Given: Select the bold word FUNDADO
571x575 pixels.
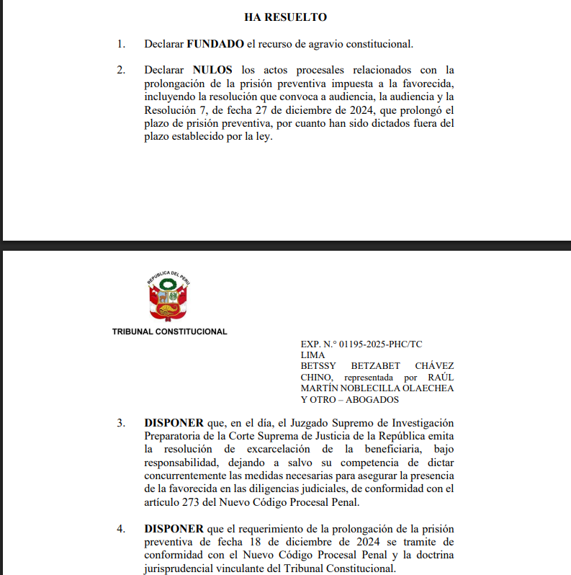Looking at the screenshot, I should pyautogui.click(x=215, y=44).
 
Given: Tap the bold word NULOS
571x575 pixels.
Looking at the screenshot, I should pyautogui.click(x=212, y=70).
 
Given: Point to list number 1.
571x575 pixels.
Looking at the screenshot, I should pyautogui.click(x=121, y=44).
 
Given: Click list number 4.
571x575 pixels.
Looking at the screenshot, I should pyautogui.click(x=121, y=530).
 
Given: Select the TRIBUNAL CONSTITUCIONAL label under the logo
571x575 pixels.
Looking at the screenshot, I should pyautogui.click(x=170, y=332).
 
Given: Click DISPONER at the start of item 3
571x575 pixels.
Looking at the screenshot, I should pyautogui.click(x=174, y=422).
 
